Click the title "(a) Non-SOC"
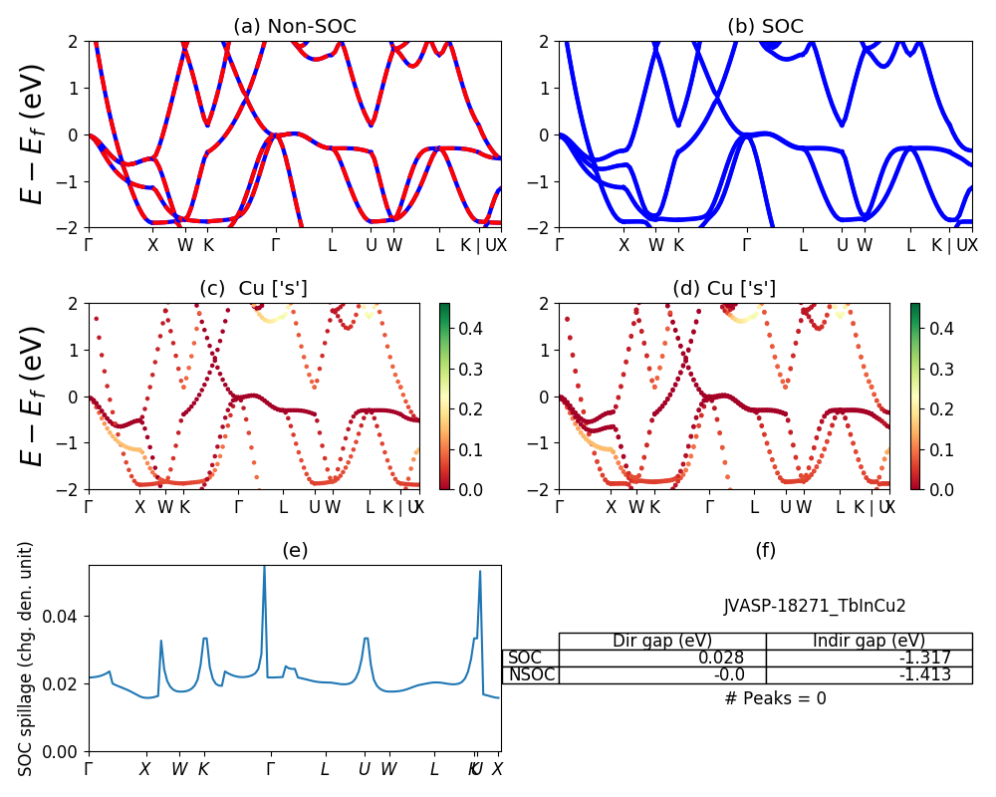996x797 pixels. coord(294,27)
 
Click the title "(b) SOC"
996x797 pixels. coord(765,27)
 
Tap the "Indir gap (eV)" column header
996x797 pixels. coord(869,641)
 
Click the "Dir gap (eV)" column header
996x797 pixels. coord(662,641)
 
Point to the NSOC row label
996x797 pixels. coord(531,674)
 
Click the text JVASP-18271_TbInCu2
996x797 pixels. coord(815,605)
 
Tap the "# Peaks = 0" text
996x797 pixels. coord(775,698)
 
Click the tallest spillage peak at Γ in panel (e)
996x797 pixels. coord(264,568)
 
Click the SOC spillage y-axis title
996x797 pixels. coord(27,659)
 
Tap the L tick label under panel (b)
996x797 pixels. coord(803,245)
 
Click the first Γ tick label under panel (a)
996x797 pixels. coord(90,245)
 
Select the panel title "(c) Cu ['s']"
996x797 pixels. coord(253,289)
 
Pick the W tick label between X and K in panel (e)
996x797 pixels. coord(179,769)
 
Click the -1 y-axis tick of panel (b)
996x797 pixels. coord(541,181)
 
